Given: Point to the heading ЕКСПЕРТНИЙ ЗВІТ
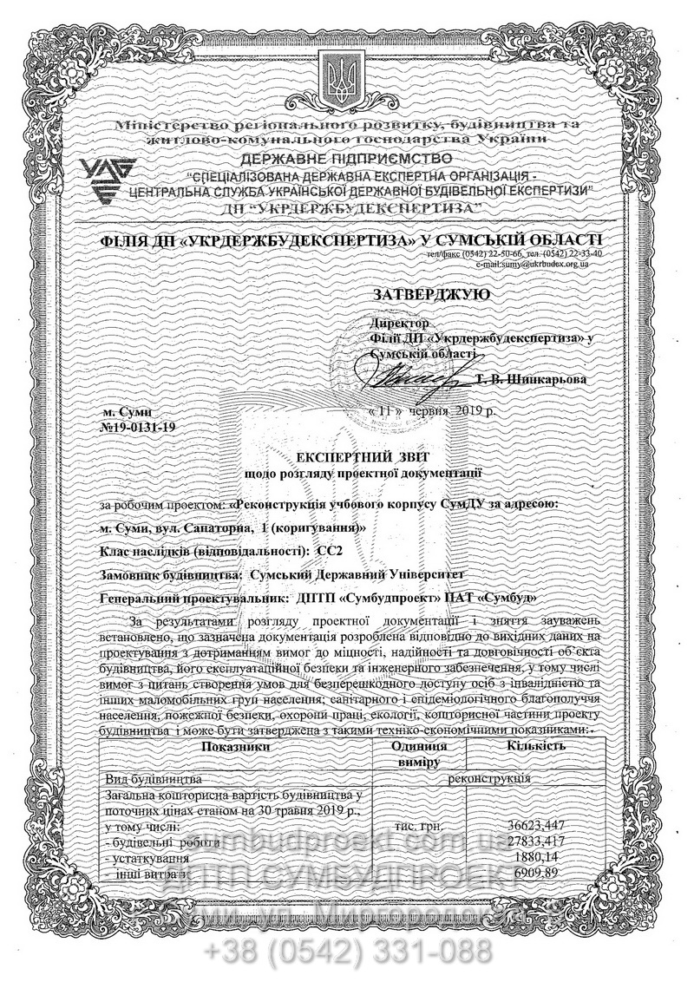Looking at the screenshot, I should pos(363,455).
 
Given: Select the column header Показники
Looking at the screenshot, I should pos(233,746).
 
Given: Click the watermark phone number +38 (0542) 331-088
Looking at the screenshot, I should pos(347,952).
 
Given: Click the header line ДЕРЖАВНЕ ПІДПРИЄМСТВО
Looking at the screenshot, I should pos(347,159).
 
